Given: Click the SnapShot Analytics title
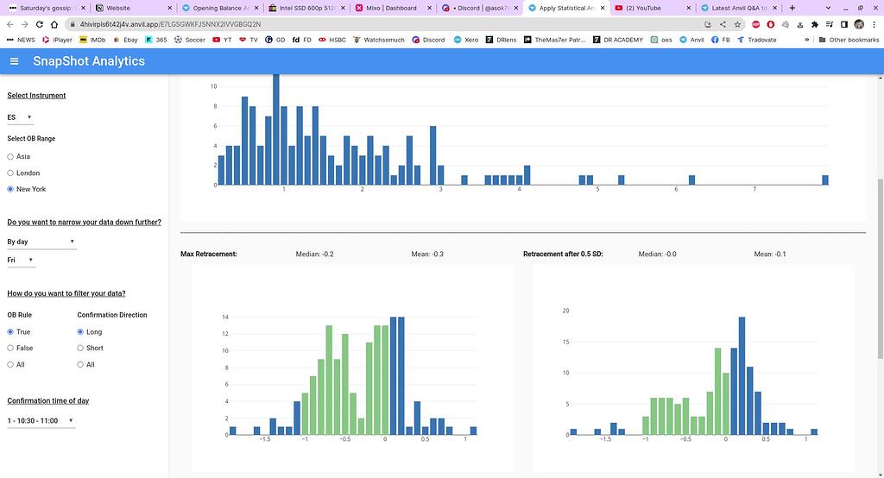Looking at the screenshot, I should point(89,61).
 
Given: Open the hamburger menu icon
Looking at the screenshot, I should point(14,61).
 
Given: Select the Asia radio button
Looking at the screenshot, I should point(11,157).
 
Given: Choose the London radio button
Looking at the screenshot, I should point(11,173).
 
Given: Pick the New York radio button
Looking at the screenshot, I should point(11,189).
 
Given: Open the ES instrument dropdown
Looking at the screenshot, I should point(20,117).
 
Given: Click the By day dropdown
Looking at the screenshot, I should point(41,242).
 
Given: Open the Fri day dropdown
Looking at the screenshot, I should point(20,260).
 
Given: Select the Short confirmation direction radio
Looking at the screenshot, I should point(81,348).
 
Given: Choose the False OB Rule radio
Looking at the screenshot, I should point(11,348).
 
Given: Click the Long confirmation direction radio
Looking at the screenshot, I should point(81,331).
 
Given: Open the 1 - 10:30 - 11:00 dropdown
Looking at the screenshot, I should point(41,421).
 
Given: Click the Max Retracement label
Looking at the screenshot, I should point(208,255).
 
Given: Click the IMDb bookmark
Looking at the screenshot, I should point(92,40).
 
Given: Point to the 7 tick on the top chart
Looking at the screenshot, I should point(755,189).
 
